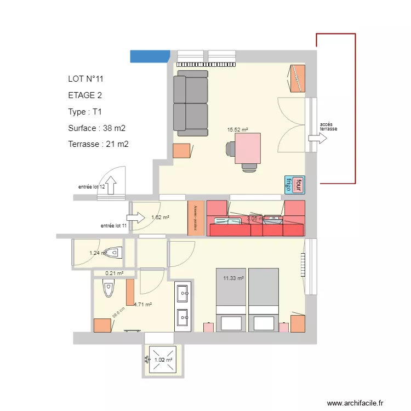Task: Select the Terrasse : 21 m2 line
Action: point(98,144)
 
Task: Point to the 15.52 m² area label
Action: point(237,130)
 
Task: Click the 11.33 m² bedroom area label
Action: point(233,278)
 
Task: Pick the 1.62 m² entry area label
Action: point(160,218)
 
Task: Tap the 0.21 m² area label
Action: point(114,273)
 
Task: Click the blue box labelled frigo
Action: point(288,185)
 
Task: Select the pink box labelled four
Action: point(298,185)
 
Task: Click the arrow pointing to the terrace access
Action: point(317,139)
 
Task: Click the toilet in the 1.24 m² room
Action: point(113,253)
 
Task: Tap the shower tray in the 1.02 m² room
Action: point(163,359)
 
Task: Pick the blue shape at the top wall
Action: point(150,56)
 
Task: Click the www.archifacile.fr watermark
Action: point(355,403)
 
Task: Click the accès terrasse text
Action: point(329,127)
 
